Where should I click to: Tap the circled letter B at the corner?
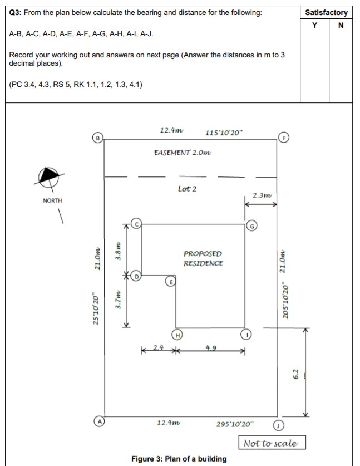click(98, 135)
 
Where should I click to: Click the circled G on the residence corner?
click(251, 225)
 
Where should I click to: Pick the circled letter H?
click(177, 335)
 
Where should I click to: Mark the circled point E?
click(172, 282)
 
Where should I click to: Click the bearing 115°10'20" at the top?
click(223, 133)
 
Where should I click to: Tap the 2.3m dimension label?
click(262, 195)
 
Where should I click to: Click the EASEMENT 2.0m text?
click(183, 152)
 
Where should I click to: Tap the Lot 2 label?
click(187, 189)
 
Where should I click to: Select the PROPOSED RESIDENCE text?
click(203, 258)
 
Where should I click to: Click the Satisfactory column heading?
click(327, 12)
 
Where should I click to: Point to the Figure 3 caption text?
click(179, 459)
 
